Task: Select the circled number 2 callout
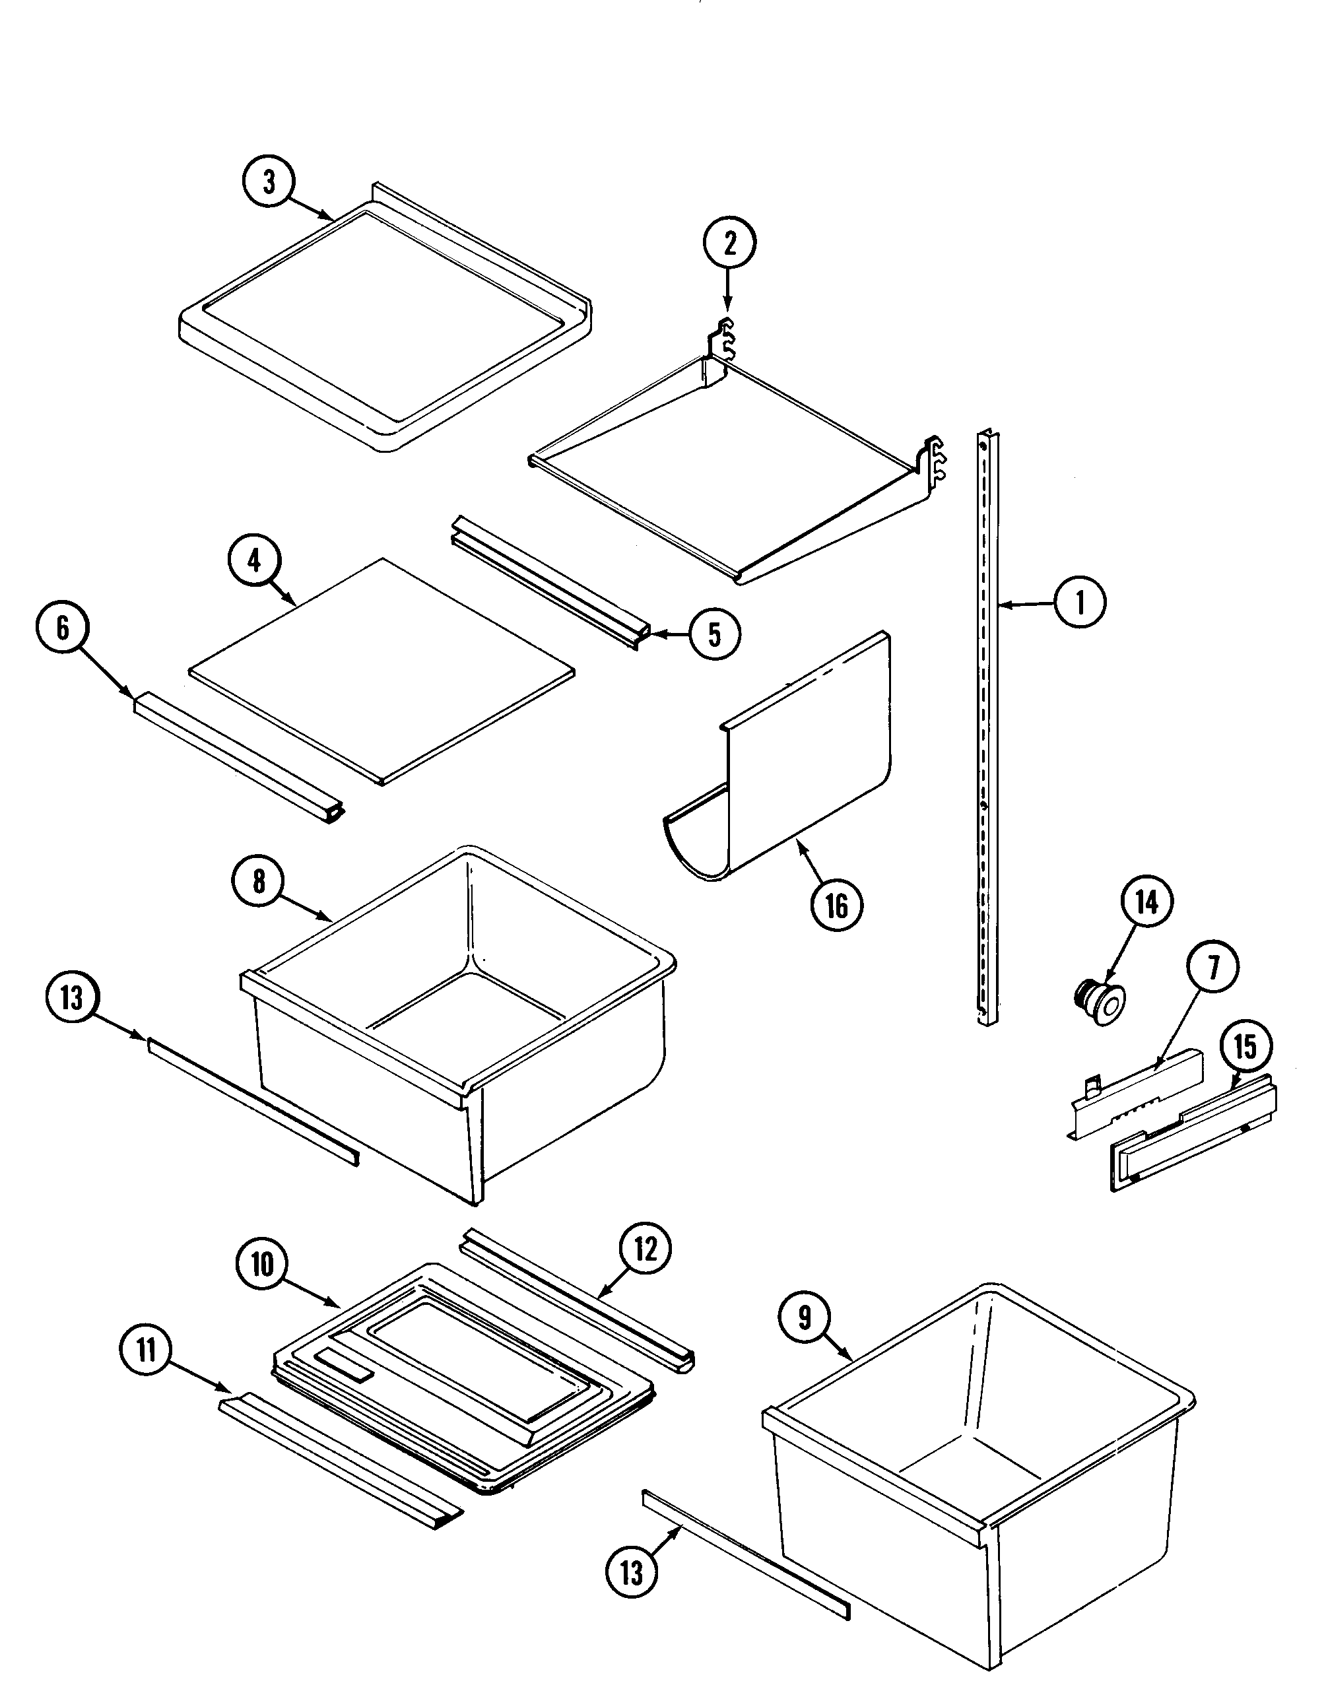tap(729, 244)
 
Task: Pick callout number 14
tap(1146, 902)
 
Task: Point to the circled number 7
tap(1212, 966)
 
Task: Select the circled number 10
tap(263, 1265)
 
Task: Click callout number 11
tap(146, 1352)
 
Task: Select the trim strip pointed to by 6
tap(237, 757)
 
